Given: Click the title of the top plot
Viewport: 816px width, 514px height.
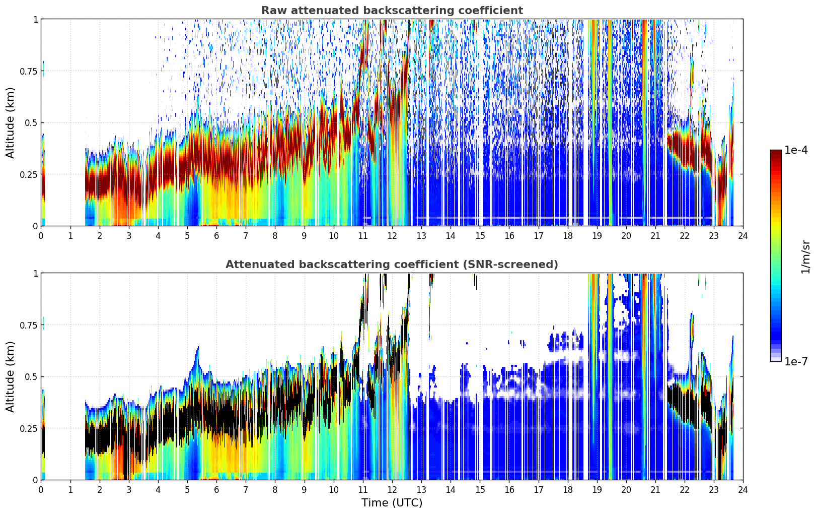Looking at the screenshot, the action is click(392, 10).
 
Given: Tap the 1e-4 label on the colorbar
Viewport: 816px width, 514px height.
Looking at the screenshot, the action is click(796, 150).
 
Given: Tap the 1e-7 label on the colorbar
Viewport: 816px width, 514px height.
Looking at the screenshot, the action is click(796, 361).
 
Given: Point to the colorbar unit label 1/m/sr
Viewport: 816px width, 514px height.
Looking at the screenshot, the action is click(805, 256).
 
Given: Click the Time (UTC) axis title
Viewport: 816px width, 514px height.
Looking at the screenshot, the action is click(392, 503).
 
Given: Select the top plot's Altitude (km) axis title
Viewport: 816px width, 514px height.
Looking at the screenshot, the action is click(10, 123).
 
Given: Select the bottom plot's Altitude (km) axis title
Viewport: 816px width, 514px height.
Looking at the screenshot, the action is click(10, 377).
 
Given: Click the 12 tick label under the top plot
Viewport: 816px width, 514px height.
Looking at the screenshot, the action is click(392, 236).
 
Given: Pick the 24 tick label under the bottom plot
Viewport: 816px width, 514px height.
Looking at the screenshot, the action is click(743, 490).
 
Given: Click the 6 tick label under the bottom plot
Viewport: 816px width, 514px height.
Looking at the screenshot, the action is click(216, 490).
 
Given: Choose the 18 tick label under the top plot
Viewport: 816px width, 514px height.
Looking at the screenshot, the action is click(567, 236).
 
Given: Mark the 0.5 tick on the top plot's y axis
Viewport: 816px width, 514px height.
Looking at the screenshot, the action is click(31, 123).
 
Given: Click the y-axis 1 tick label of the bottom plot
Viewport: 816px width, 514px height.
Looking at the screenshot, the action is click(36, 274).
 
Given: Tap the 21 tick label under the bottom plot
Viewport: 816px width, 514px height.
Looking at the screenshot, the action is click(655, 490).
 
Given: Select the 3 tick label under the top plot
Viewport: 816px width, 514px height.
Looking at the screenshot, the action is click(128, 236).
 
